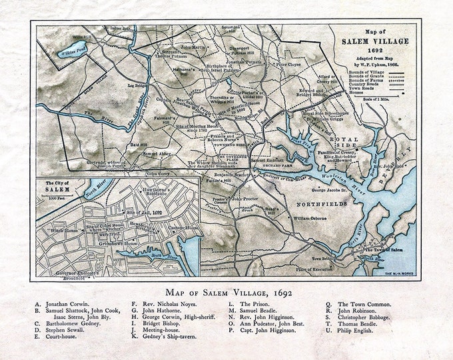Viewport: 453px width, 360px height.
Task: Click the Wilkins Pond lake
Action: pos(72,47)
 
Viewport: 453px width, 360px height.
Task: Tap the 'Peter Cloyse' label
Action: pos(290,65)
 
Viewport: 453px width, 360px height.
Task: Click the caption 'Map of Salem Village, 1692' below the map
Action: pos(226,292)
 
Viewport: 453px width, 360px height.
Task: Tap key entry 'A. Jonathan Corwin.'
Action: pos(63,304)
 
